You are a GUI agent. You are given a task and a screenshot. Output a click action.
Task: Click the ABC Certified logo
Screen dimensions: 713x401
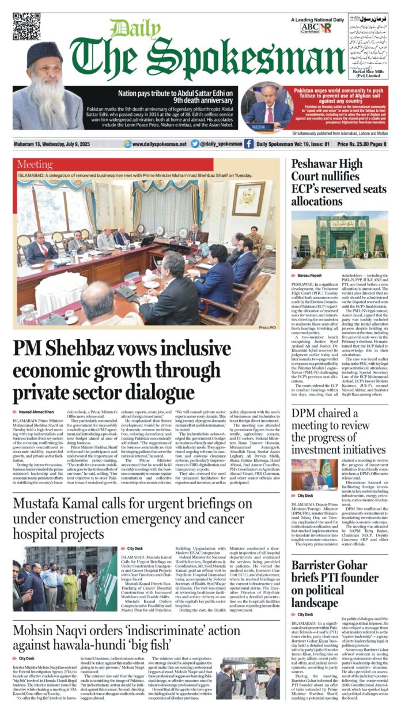[x=309, y=28]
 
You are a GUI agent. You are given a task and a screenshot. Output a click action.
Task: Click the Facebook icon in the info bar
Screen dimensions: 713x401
[x=248, y=144]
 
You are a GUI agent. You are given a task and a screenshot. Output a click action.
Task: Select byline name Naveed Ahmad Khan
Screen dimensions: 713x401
[x=37, y=413]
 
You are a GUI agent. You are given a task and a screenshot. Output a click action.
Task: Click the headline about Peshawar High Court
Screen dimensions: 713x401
[x=339, y=182]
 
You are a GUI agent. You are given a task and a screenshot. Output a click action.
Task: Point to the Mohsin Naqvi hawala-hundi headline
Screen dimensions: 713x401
[x=124, y=637]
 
